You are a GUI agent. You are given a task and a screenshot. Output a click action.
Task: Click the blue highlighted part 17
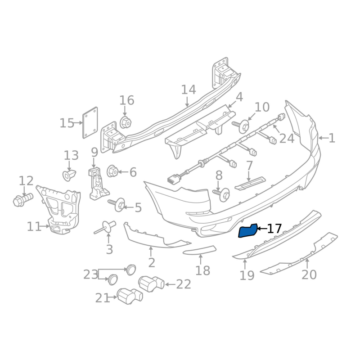(x=247, y=231)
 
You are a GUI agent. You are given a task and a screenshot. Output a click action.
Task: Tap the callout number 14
(x=189, y=90)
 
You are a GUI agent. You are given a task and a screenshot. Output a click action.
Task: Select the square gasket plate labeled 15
(x=90, y=122)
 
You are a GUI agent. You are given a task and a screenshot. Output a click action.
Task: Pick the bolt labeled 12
(x=21, y=199)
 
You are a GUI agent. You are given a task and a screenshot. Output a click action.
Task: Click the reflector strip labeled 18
(x=200, y=250)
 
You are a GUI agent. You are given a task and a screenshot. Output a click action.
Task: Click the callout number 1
(x=332, y=138)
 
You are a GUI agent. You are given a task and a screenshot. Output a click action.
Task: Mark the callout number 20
(x=309, y=274)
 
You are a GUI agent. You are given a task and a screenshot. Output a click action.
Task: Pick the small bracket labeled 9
(x=97, y=184)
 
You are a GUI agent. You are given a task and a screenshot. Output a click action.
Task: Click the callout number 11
(x=34, y=226)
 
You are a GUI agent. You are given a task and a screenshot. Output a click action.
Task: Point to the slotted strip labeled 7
(x=250, y=183)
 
